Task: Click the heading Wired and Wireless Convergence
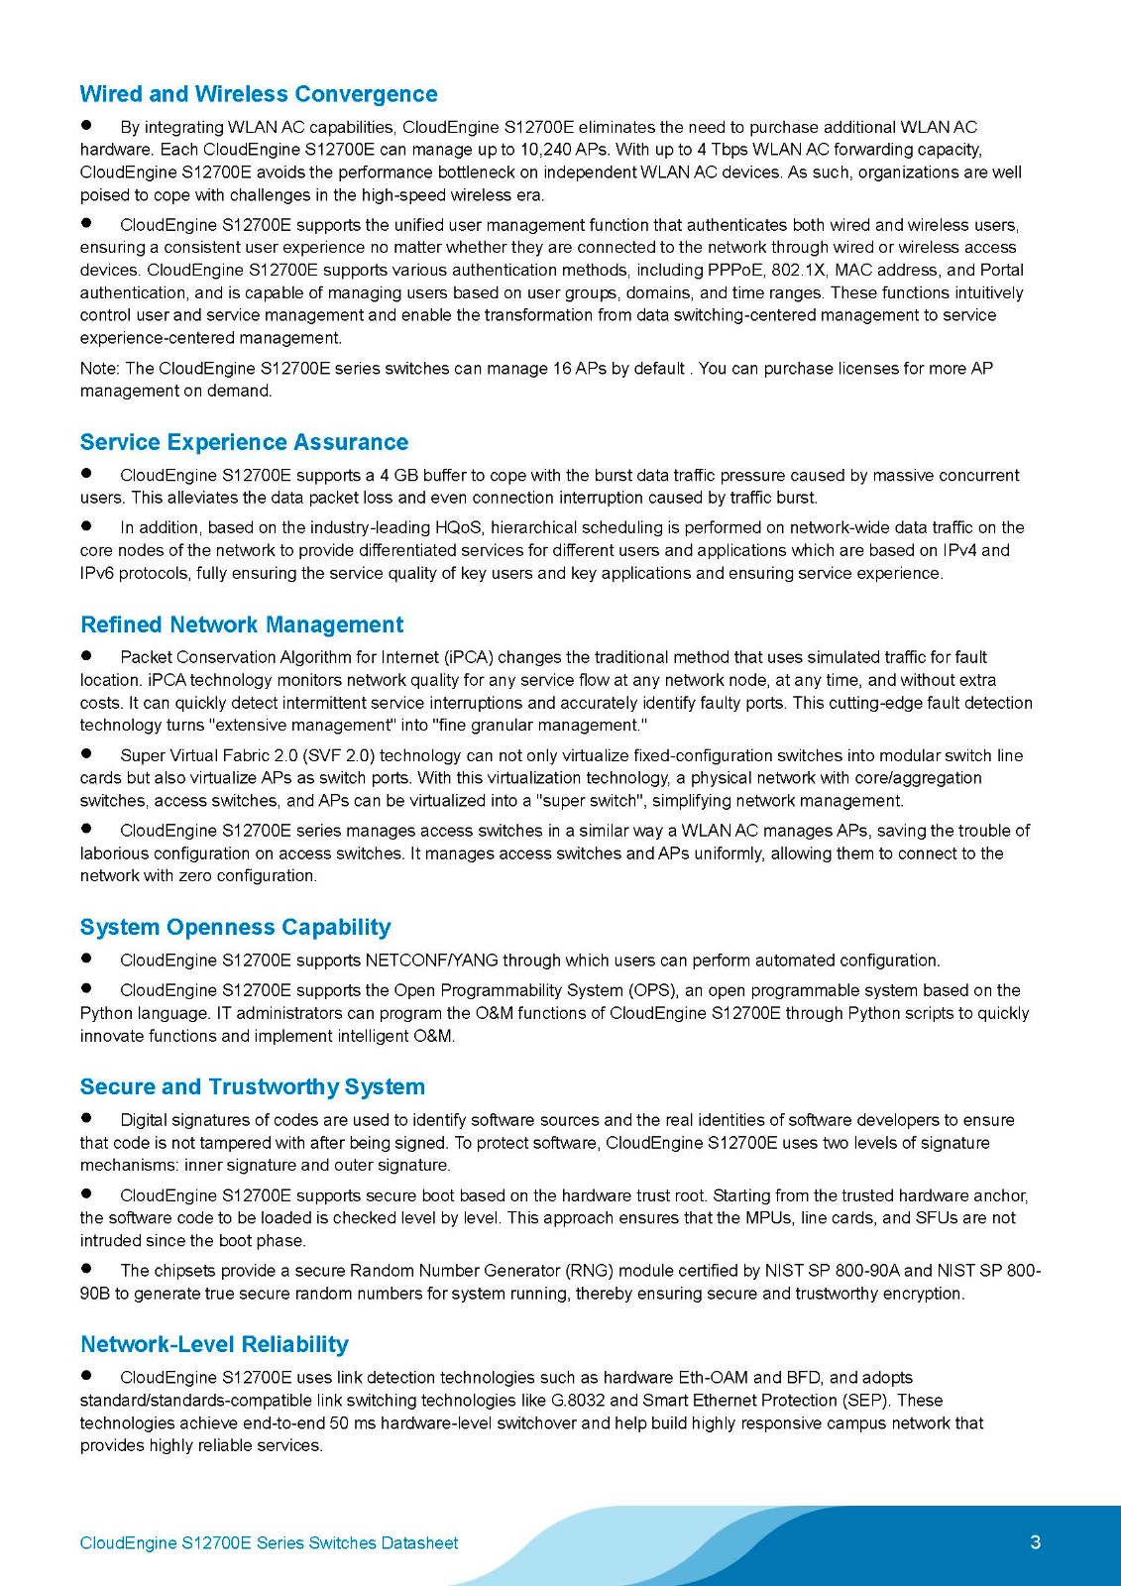258,94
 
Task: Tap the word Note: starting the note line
100,369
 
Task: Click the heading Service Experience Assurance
244,442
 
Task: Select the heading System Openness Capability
235,927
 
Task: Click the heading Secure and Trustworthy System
252,1086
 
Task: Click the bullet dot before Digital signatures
86,1118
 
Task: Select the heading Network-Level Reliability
214,1344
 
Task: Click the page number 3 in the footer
1035,1542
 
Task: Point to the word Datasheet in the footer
419,1543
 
